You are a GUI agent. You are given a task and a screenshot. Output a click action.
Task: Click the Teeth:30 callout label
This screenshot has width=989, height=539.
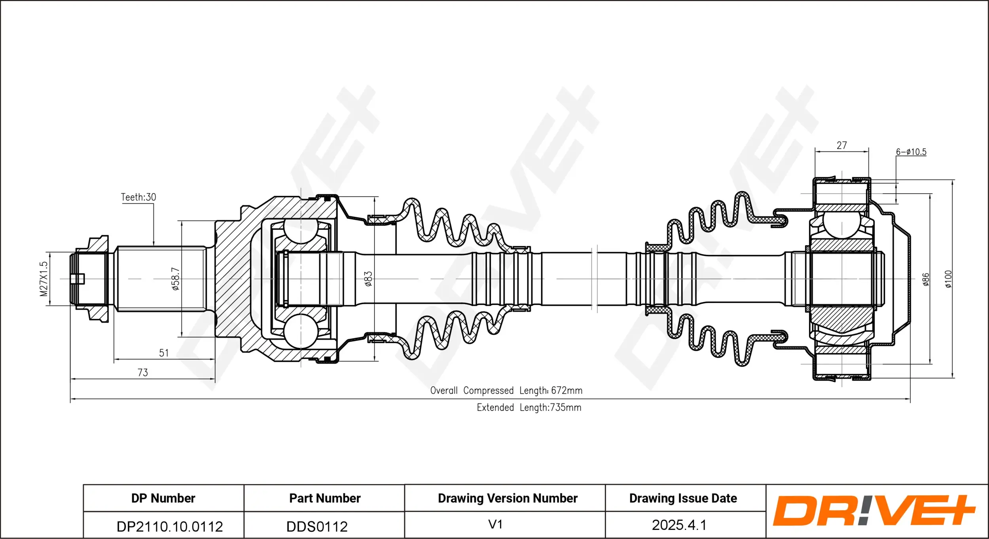[x=138, y=197]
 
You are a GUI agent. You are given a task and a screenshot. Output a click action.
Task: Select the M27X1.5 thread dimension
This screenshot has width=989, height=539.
[x=44, y=279]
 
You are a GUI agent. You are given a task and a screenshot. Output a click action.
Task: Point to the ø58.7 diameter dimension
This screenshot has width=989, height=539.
[x=176, y=279]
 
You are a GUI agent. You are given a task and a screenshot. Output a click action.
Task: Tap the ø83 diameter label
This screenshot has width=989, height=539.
[x=368, y=279]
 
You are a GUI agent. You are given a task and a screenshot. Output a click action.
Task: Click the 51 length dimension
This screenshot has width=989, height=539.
[x=164, y=353]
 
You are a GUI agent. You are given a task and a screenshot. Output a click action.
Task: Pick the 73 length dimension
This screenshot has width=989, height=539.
[x=143, y=373]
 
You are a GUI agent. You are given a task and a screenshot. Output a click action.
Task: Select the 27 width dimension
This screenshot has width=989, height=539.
[x=842, y=146]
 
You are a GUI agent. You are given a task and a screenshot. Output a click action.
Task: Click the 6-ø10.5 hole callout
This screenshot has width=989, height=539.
[x=911, y=152]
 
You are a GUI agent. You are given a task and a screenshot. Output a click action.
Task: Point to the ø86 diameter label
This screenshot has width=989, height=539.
[x=926, y=279]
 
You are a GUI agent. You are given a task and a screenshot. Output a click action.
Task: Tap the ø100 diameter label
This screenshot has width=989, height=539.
[x=949, y=279]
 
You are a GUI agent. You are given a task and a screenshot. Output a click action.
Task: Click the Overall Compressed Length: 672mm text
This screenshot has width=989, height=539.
[x=506, y=391]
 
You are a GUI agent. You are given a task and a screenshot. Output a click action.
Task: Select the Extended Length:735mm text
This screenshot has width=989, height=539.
[x=529, y=408]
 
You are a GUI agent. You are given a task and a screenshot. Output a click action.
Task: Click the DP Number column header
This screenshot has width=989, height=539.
[x=163, y=498]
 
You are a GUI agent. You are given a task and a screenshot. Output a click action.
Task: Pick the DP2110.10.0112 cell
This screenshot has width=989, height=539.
[x=170, y=527]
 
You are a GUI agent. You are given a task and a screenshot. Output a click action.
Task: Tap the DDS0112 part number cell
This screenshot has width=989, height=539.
[x=317, y=527]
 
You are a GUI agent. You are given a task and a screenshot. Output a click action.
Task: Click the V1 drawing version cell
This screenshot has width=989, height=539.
[x=495, y=525]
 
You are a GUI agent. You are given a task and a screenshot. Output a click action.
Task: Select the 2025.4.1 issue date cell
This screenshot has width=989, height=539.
[x=679, y=525]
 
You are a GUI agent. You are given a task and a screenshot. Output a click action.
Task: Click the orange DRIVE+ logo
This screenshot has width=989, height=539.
[x=874, y=511]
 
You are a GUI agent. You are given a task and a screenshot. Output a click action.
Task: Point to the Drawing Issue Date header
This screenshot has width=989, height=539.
[x=683, y=498]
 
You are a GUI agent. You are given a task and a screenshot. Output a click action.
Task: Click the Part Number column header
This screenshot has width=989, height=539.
[x=325, y=498]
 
